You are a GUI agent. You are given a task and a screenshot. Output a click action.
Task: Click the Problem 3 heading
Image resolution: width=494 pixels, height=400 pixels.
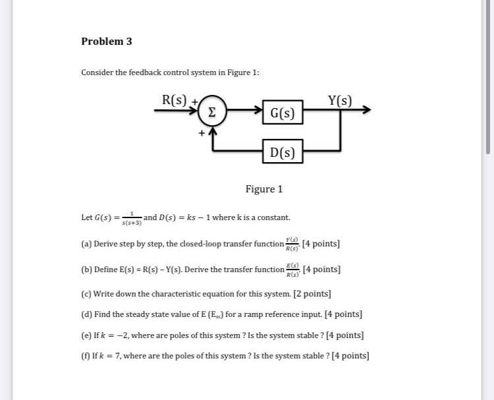point(107,42)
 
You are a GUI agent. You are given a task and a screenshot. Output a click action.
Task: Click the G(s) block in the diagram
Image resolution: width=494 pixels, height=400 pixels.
point(283,113)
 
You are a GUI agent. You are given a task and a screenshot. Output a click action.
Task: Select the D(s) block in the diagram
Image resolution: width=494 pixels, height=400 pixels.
point(283,154)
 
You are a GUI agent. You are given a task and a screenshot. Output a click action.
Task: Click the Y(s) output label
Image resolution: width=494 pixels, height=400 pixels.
point(340,100)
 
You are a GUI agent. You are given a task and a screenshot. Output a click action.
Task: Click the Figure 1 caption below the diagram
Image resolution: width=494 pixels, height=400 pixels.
point(264,189)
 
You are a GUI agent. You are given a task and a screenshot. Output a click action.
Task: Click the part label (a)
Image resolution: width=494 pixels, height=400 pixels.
point(86,244)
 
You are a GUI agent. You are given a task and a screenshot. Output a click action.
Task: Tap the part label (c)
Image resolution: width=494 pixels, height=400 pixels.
point(86,294)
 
